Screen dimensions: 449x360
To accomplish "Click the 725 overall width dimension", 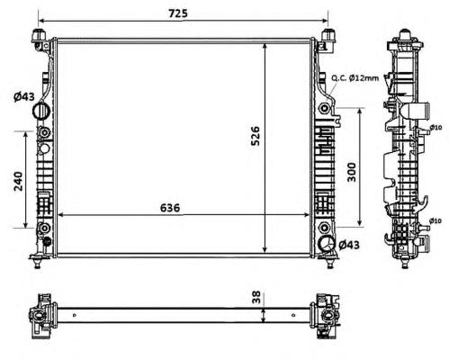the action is [178, 13].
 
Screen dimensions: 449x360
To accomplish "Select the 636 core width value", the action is [170, 208].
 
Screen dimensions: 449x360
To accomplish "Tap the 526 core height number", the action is [255, 136].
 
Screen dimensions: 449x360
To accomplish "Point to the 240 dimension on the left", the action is [18, 181].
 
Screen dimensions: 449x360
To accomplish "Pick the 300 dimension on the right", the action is [352, 172].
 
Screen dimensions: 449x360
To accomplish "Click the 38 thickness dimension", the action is [256, 297].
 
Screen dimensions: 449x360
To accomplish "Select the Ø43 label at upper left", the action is [24, 96].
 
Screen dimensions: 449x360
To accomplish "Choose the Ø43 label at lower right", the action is [349, 245].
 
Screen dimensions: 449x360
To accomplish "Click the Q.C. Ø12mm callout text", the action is [355, 78].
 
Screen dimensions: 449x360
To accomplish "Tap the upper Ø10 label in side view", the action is [436, 128].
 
